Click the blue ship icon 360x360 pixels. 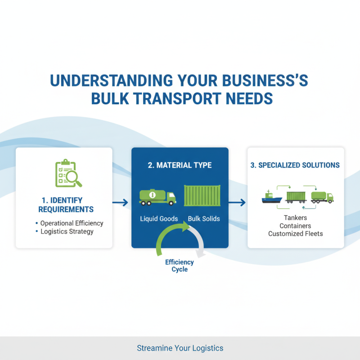272,197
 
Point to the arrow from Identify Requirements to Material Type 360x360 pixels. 120,203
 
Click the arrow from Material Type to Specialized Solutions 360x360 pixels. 237,203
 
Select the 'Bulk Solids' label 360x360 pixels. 204,219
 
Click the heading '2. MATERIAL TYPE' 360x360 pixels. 180,165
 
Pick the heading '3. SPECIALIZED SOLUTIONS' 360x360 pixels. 295,165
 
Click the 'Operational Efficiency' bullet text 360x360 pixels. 72,223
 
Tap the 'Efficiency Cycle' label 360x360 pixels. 180,265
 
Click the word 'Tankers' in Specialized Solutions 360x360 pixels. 295,218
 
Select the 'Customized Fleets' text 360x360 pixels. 295,234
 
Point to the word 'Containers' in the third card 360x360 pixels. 295,225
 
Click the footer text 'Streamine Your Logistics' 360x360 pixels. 180,348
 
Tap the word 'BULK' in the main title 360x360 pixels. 111,98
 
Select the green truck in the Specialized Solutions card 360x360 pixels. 323,197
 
